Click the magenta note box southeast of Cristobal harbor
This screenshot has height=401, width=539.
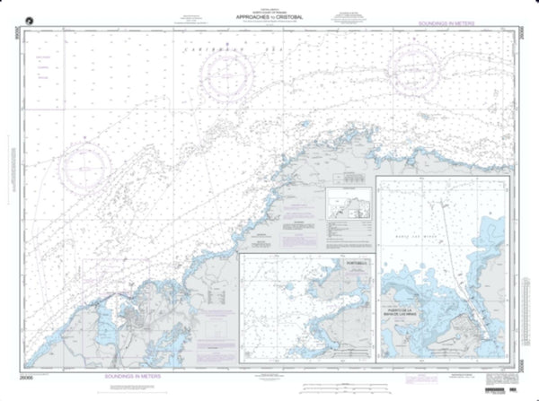point(214,313)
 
